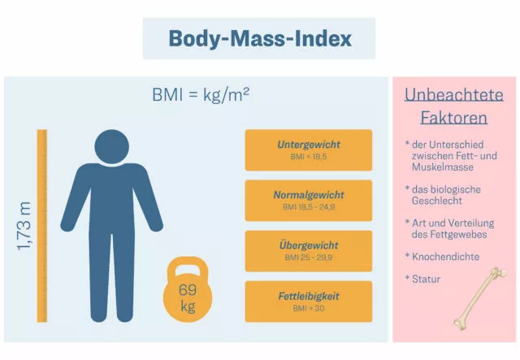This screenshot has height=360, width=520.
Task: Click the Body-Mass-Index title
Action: [x=260, y=39]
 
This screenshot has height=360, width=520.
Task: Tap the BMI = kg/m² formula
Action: [x=201, y=95]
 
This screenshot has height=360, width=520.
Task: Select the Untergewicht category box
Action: [x=309, y=150]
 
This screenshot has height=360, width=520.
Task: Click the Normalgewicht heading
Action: [x=309, y=195]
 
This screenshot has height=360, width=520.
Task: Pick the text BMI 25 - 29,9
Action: [x=309, y=258]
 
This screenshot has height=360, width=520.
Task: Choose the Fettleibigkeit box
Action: [x=309, y=301]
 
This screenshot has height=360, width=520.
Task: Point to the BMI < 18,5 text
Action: [x=309, y=157]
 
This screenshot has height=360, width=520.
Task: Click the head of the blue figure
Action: [x=112, y=146]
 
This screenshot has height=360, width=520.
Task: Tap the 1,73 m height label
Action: [x=24, y=226]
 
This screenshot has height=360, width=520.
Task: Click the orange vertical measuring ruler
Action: [x=42, y=226]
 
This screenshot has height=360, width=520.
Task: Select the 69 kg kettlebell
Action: [x=188, y=289]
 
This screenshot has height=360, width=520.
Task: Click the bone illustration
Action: [x=480, y=298]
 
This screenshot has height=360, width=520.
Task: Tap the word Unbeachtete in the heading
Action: [x=454, y=95]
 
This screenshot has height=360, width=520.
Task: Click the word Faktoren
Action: [x=454, y=118]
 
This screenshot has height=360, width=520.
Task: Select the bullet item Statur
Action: [x=422, y=279]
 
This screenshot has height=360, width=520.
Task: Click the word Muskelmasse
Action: [x=443, y=167]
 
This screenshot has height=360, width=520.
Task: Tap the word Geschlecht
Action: [x=437, y=201]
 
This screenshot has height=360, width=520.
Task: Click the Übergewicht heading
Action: [x=309, y=245]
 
